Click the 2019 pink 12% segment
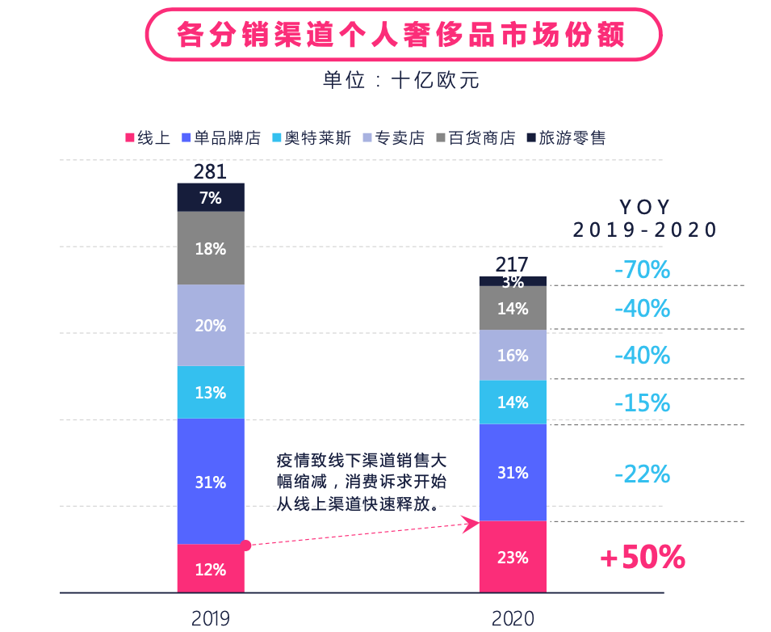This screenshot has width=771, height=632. coord(211,568)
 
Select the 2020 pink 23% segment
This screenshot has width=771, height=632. coord(513,557)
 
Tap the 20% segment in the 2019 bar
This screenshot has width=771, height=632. coord(211,326)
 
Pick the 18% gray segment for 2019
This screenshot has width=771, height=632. coord(211,249)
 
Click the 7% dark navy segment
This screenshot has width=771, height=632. coord(211,198)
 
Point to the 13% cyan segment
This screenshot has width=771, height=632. coord(211,393)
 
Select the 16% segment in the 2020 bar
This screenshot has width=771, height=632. coord(513,356)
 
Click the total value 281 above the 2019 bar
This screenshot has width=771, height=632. coord(211,172)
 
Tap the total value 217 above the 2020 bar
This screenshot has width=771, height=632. coord(512,264)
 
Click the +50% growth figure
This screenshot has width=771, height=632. coord(642,557)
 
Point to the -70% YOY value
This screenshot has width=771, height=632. coord(642,269)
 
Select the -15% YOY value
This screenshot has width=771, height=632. coord(642,402)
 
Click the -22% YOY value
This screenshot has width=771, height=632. coord(642,474)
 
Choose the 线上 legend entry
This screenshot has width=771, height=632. coord(147,138)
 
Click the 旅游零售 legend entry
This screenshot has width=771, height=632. coord(566,138)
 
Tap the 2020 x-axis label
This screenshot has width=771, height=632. coord(513,618)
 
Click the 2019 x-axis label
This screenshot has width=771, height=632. coord(211,618)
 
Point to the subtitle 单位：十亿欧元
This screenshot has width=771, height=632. coord(401,80)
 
